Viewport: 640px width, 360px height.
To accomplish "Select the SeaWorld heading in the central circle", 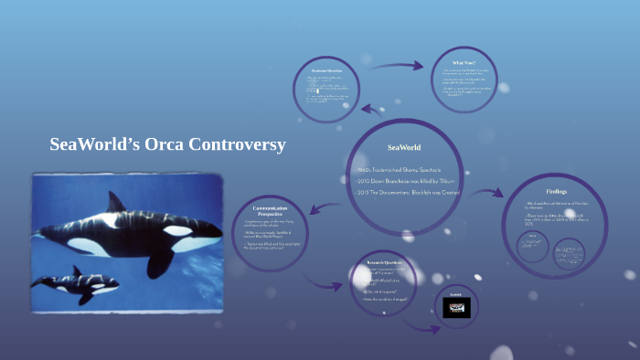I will (403, 146).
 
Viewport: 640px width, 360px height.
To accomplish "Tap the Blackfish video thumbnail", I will (456, 308).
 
